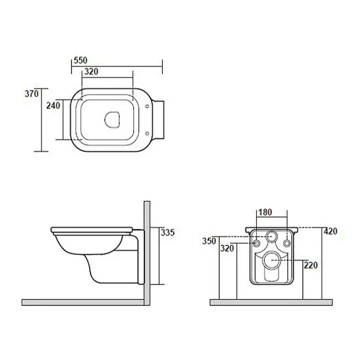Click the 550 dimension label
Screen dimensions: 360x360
pyautogui.click(x=80, y=61)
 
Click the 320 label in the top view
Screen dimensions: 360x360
pyautogui.click(x=91, y=71)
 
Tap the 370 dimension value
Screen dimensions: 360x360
pyautogui.click(x=32, y=94)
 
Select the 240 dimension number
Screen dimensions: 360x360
pyautogui.click(x=53, y=106)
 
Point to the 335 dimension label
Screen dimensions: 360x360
pyautogui.click(x=167, y=233)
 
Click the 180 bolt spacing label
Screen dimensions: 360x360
pyautogui.click(x=265, y=212)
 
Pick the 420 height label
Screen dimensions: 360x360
pyautogui.click(x=331, y=232)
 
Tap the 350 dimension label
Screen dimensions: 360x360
pyautogui.click(x=209, y=241)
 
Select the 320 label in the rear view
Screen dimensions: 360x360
pyautogui.click(x=227, y=248)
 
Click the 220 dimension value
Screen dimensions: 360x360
pyautogui.click(x=311, y=265)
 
